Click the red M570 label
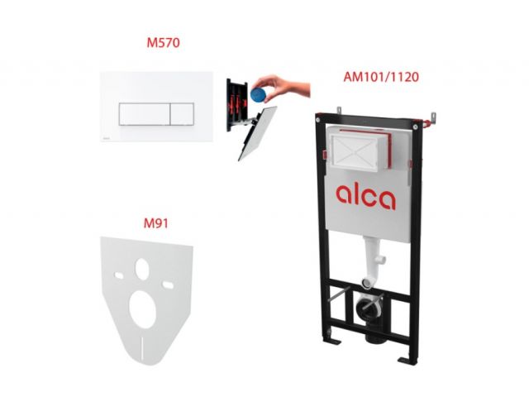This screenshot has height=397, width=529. tap(163, 42)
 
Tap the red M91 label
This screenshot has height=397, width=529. tap(155, 223)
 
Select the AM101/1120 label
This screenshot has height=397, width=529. tap(381, 77)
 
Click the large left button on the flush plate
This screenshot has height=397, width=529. tap(145, 114)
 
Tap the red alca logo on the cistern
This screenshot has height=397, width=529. tap(365, 197)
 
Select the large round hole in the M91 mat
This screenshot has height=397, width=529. tap(143, 309)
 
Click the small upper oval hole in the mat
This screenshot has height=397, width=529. tap(142, 269)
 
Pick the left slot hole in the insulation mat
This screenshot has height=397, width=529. tap(119, 275)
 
